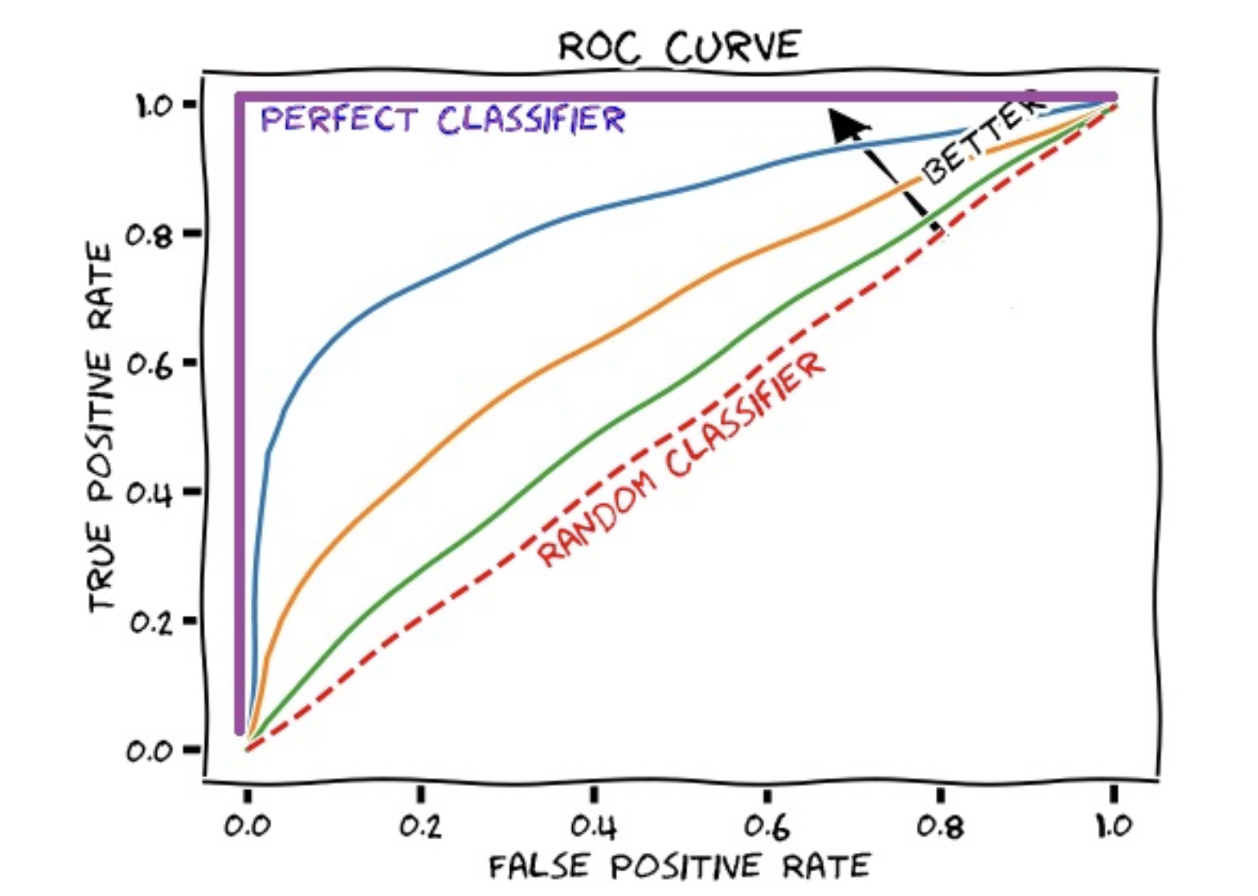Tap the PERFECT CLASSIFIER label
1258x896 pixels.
[x=443, y=120]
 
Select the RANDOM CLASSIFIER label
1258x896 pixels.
[x=682, y=458]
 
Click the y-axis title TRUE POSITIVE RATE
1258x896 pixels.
[x=101, y=428]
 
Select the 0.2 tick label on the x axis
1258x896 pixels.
[x=420, y=826]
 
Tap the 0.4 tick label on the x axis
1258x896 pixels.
[x=594, y=826]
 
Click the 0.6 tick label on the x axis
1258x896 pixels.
[x=767, y=826]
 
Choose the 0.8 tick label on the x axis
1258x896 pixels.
[x=940, y=826]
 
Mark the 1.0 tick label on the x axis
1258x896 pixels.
[x=1114, y=826]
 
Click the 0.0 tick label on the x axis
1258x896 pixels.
[x=247, y=826]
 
